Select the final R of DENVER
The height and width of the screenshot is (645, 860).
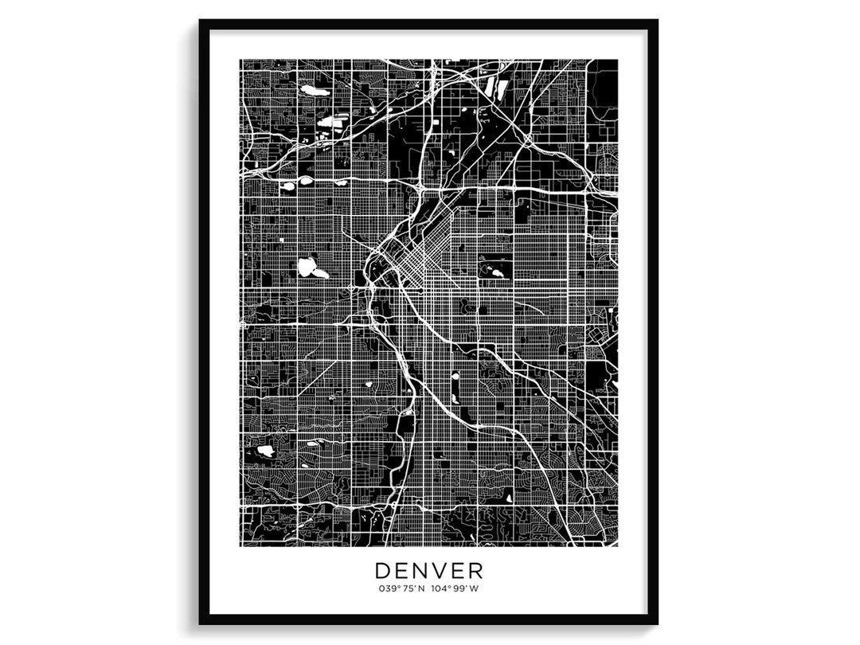(x=475, y=571)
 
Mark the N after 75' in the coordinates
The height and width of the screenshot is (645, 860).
(x=421, y=589)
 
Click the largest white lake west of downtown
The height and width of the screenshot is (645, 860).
(x=307, y=267)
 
